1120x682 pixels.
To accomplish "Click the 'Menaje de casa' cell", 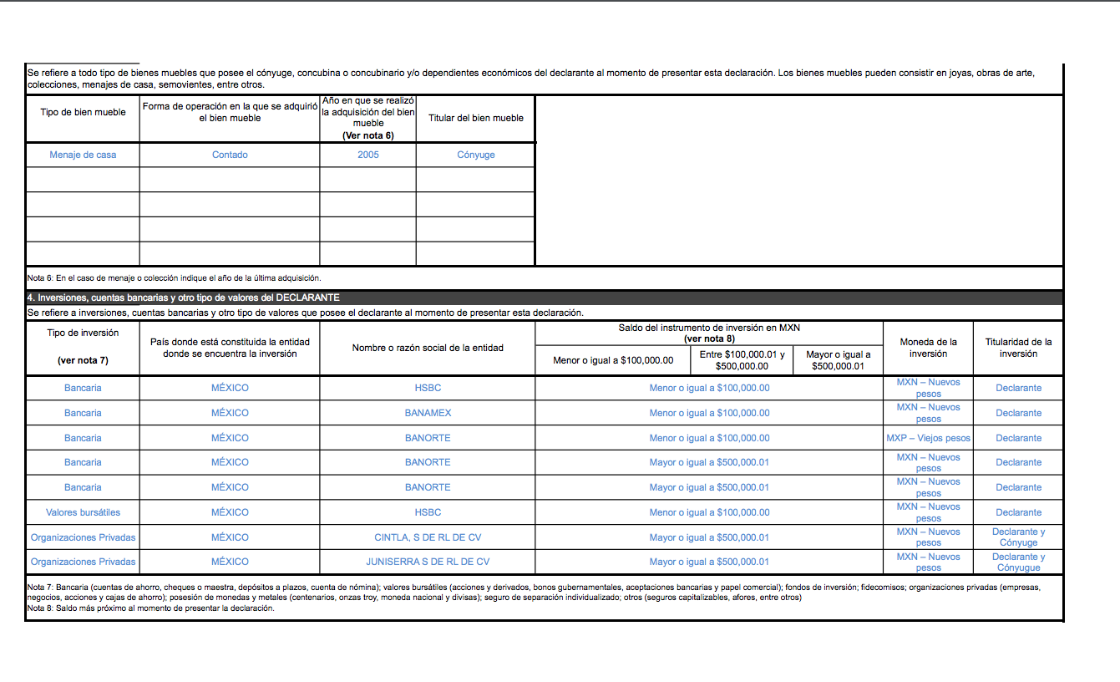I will click(83, 155).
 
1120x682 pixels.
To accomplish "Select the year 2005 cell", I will click(367, 155).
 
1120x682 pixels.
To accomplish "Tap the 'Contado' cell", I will click(230, 155).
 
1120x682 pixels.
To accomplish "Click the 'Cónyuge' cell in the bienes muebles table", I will click(476, 155).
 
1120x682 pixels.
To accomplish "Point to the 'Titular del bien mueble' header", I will click(476, 118).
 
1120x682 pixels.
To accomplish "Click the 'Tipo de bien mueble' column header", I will click(83, 112).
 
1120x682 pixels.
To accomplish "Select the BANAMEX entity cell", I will click(428, 413).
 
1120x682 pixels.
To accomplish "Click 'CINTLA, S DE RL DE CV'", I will click(428, 537).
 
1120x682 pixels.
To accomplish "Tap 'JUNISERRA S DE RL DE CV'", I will click(428, 562).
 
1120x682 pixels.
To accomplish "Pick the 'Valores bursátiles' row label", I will click(83, 512).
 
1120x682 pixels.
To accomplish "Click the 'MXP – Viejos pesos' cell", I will click(928, 438).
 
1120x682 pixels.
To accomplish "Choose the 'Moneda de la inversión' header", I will click(928, 348).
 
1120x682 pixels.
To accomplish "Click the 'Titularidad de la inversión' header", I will click(1018, 348).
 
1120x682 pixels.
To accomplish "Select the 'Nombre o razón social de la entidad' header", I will click(428, 348).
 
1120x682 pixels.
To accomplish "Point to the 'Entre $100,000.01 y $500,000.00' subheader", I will click(742, 360).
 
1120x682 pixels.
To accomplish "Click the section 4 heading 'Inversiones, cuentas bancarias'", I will click(183, 298).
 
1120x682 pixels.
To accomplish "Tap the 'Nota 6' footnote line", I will click(174, 277).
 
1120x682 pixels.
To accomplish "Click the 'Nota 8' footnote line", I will click(150, 608).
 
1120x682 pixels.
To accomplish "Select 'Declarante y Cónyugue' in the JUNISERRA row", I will click(1018, 562).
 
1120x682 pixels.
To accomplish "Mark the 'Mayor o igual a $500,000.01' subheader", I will click(838, 360).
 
